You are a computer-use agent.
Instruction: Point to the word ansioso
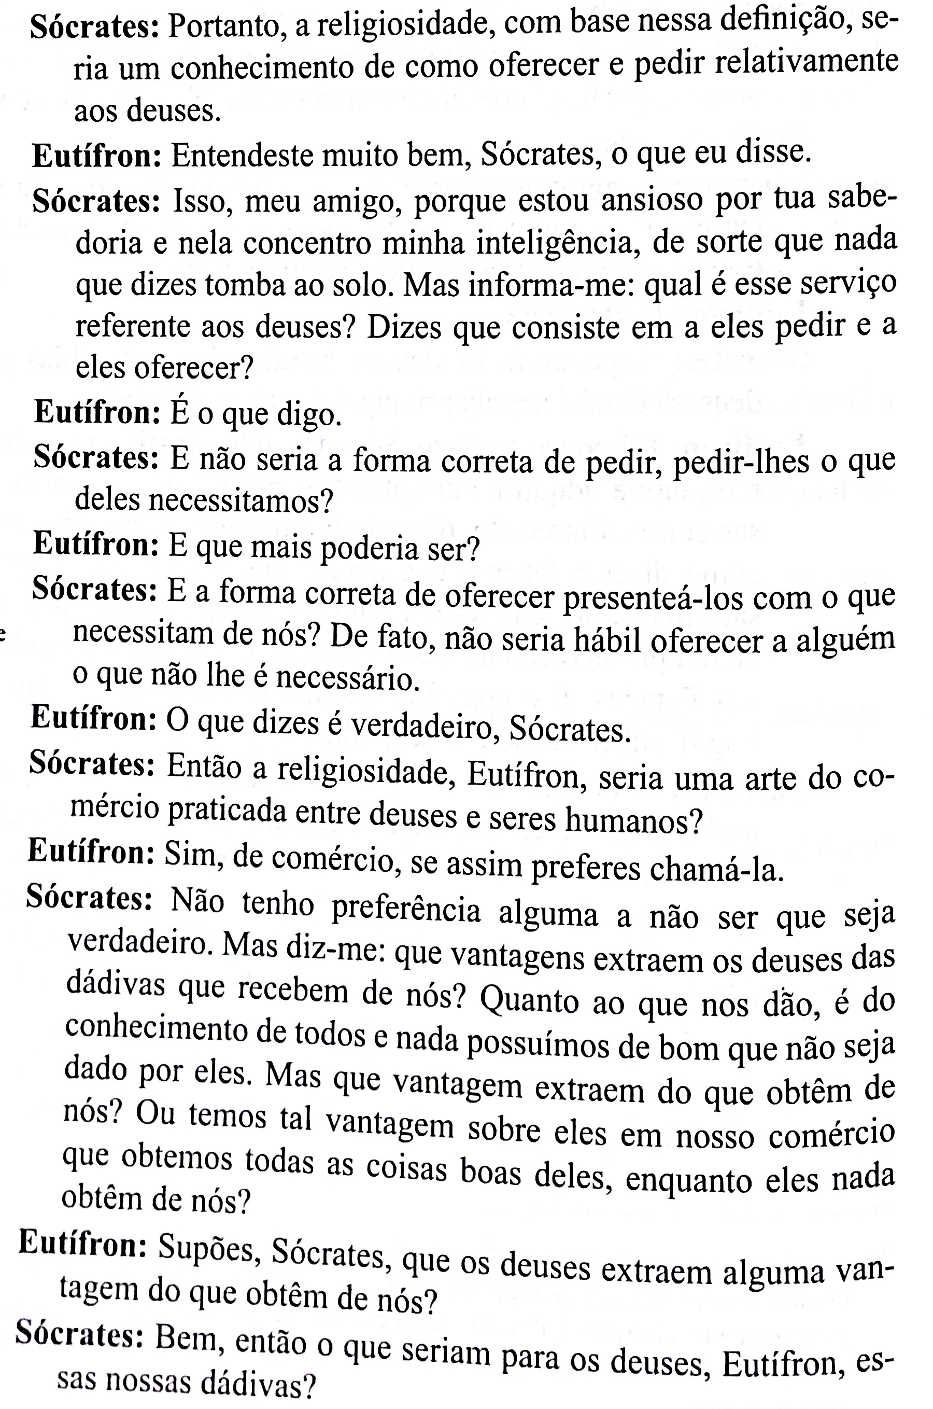point(652,200)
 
